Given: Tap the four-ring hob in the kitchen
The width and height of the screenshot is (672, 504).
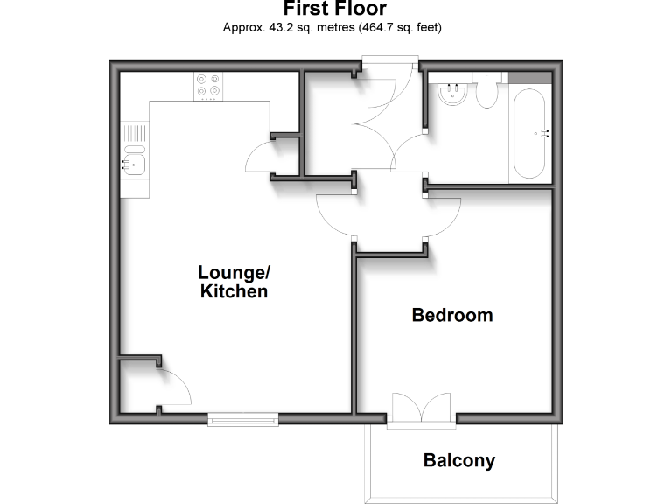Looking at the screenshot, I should tap(208, 85).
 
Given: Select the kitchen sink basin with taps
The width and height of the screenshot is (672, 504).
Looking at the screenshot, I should tap(134, 163).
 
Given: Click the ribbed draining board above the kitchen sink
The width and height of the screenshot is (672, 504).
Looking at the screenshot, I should tap(134, 136).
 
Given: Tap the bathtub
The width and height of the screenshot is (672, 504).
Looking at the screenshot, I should tap(530, 133).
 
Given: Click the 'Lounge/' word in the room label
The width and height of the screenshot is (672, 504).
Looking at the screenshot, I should tap(234, 271).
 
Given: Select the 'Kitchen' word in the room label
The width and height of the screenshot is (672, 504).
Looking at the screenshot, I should tap(234, 292).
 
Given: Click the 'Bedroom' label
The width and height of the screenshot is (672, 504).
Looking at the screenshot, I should tap(452, 315).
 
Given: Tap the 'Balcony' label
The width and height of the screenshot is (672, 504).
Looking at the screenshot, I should tap(459, 460).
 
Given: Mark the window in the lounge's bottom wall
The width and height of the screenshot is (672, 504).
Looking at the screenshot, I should tap(242, 420).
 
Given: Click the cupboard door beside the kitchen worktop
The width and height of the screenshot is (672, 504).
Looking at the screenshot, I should tap(261, 157).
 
